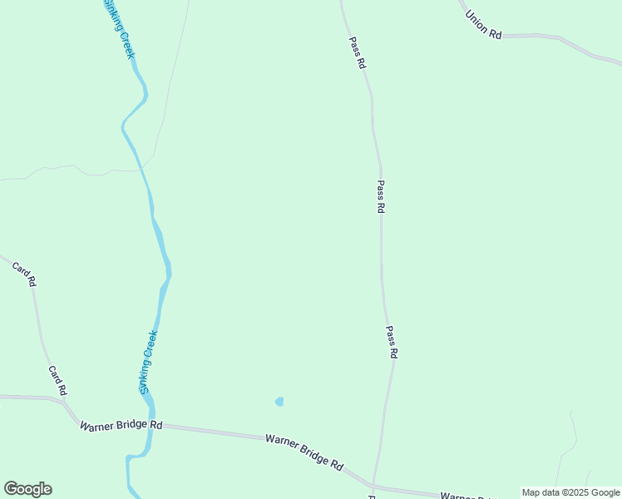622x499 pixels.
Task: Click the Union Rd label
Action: tap(483, 25)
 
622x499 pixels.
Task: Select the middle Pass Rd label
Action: tap(381, 198)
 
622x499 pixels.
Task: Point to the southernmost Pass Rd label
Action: tap(392, 342)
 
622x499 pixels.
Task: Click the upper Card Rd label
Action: tap(24, 274)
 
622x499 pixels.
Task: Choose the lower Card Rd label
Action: tap(57, 381)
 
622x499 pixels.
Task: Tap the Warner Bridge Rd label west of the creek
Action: tap(121, 425)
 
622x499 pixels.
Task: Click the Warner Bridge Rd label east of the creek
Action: tap(304, 452)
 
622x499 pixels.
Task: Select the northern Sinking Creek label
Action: tap(118, 29)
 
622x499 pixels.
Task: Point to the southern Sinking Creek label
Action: tap(148, 363)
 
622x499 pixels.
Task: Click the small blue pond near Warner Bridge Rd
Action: tap(279, 402)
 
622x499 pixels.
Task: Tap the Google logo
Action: tap(27, 489)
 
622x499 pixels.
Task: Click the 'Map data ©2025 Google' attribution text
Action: tap(570, 492)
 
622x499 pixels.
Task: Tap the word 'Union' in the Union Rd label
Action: tap(477, 20)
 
